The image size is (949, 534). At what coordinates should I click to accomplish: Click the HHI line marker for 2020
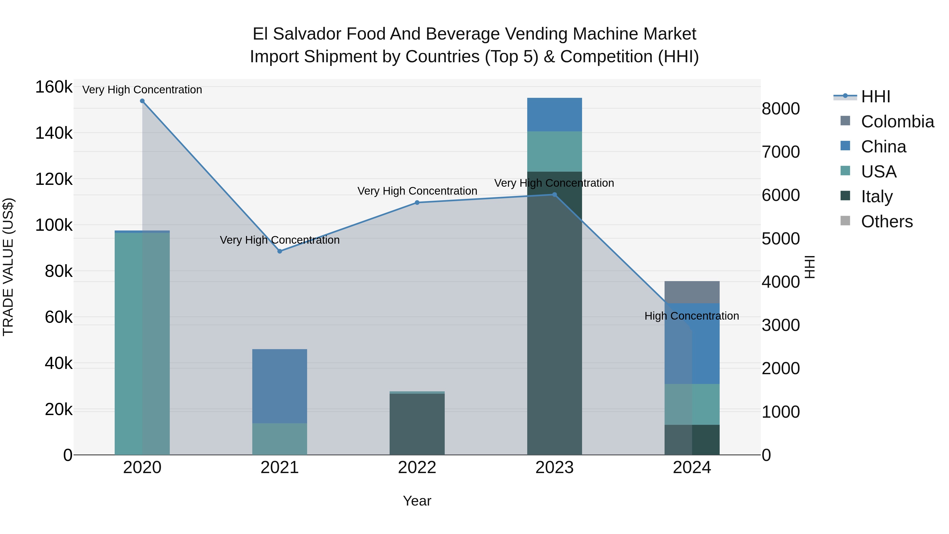click(142, 101)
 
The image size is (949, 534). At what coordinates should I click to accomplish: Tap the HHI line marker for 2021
click(280, 251)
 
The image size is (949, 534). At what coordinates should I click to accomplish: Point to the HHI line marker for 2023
click(554, 195)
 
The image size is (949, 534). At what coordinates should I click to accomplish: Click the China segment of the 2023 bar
click(554, 115)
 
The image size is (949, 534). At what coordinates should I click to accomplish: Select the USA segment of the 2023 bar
click(554, 151)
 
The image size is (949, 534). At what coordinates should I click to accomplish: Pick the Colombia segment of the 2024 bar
click(692, 292)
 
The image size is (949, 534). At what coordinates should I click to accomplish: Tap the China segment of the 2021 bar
click(280, 386)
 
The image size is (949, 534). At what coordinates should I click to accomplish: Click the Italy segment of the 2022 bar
click(417, 424)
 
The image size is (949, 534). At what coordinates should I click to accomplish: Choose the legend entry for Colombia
click(897, 122)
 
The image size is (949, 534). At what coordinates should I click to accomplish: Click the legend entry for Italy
click(877, 196)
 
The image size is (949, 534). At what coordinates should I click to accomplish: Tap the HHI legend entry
click(875, 97)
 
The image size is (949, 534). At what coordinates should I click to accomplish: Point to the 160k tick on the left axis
click(54, 87)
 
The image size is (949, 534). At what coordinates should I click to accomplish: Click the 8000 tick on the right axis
click(781, 109)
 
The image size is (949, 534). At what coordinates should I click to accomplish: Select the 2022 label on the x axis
click(417, 468)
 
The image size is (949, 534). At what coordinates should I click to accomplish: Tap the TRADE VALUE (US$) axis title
click(8, 267)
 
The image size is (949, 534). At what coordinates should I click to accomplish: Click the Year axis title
click(417, 501)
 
